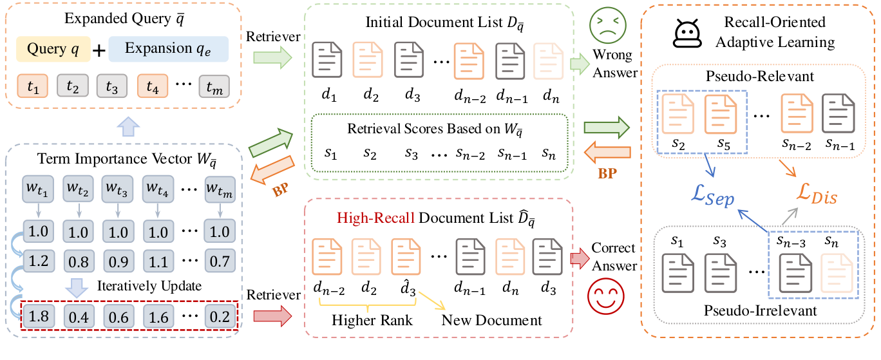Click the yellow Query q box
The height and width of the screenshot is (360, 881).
point(54,49)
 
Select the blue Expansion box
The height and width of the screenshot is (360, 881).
point(168,49)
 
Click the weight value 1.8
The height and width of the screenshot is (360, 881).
point(39,316)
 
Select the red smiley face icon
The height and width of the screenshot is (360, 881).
point(603,299)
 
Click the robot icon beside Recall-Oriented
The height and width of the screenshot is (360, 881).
point(687,33)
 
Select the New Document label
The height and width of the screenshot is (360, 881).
point(491,320)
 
